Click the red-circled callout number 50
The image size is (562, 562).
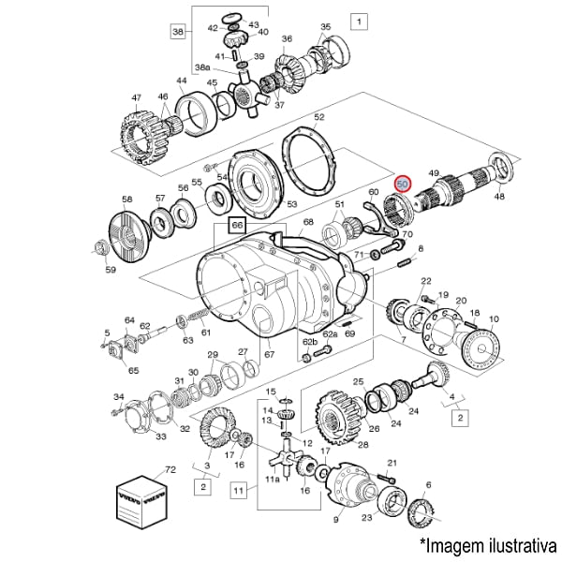403,185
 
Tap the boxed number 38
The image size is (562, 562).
179,31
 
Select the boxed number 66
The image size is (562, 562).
237,226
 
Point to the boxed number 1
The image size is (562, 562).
360,19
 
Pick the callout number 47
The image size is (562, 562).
135,98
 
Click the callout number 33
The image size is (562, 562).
162,436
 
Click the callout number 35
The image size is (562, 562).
325,26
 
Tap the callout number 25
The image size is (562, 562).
358,382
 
